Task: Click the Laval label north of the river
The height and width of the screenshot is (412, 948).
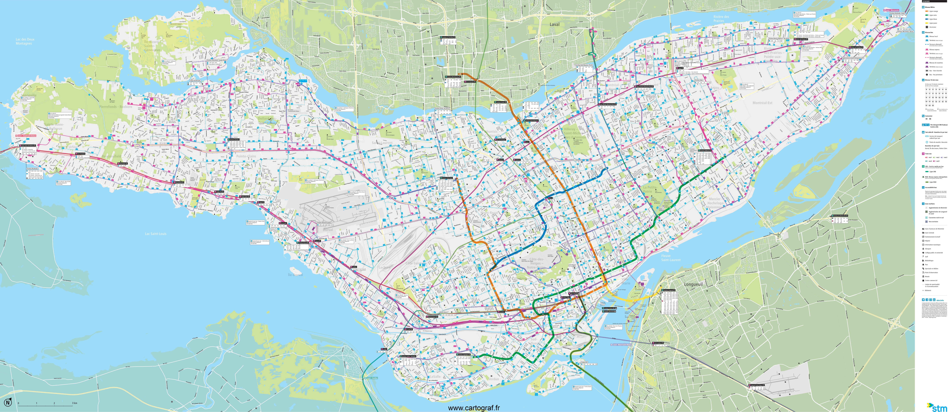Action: point(554,24)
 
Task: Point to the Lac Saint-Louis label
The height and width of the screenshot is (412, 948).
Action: point(156,234)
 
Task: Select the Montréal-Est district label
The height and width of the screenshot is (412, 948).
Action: point(762,103)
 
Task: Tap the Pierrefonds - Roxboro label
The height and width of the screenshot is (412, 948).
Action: point(115,107)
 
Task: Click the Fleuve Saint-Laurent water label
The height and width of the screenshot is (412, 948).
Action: point(670,258)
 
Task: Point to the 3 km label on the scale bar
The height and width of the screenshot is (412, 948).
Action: point(75,403)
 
